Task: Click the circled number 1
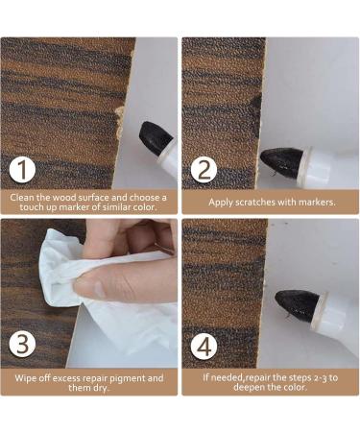[22, 171]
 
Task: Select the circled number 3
[22, 345]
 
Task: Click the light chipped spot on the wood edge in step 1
[120, 123]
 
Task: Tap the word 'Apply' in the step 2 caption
[221, 203]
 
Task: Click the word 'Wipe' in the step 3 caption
[26, 378]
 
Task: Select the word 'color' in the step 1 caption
[145, 207]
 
